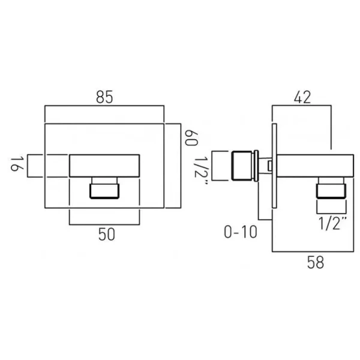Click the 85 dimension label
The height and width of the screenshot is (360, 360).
pos(104,96)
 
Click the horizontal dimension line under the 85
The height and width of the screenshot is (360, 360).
pos(104,106)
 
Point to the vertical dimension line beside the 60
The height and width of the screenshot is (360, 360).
pos(179,166)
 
